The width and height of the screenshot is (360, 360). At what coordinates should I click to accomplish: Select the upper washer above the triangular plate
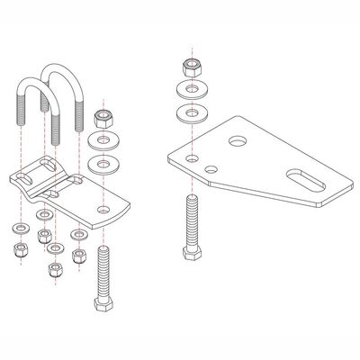click(190, 91)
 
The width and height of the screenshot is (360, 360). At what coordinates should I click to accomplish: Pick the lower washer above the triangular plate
click(190, 112)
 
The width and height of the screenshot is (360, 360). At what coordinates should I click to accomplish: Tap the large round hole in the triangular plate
click(238, 141)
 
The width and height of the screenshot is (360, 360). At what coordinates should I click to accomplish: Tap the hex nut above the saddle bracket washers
click(102, 118)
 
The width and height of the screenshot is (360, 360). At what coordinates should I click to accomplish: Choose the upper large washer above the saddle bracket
click(102, 142)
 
